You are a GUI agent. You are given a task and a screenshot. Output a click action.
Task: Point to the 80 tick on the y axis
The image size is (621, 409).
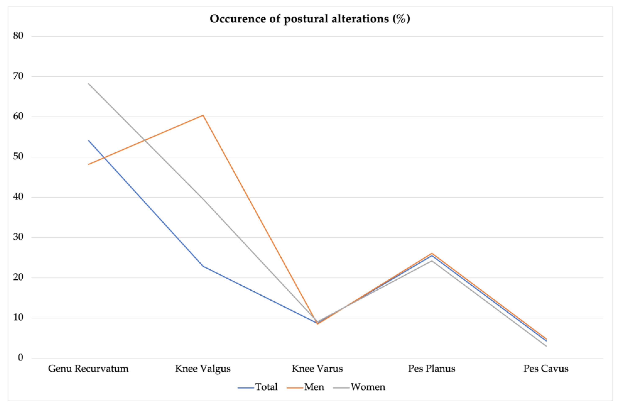(18, 36)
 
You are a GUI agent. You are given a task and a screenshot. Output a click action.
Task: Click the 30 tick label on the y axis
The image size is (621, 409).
(18, 237)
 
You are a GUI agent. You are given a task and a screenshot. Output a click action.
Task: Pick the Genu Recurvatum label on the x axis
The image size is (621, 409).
(88, 369)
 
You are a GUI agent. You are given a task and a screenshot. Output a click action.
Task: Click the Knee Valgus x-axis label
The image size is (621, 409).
(203, 369)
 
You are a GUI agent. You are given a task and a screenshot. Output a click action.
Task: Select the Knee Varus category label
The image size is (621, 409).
(317, 369)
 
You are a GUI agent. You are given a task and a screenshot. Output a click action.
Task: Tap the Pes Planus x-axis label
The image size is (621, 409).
(432, 369)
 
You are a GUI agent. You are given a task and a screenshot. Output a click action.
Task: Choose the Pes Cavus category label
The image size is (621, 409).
(546, 369)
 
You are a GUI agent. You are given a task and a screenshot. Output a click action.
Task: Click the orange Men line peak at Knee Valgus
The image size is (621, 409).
(203, 115)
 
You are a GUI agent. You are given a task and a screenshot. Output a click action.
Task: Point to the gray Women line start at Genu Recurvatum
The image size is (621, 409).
(89, 84)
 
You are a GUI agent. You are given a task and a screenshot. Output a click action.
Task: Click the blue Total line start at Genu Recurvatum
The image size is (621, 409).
(89, 140)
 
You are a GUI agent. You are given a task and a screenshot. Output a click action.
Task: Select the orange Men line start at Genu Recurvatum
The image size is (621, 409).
(89, 164)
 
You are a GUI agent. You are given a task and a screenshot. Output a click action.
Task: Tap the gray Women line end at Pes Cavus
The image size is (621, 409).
(546, 346)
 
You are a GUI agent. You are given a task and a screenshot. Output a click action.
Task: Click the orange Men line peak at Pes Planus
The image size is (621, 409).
(432, 253)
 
